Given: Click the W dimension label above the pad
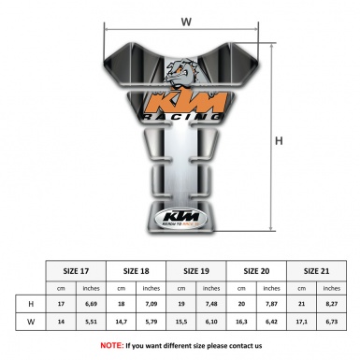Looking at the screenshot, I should click(x=186, y=20).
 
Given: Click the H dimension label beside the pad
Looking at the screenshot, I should click(x=279, y=141).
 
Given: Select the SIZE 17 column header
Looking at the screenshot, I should click(x=77, y=270).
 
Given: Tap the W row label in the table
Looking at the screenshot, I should click(x=31, y=323).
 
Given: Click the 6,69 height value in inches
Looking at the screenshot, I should click(x=92, y=305).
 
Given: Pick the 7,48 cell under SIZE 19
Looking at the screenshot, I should click(x=214, y=305).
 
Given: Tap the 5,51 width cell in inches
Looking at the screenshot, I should click(x=92, y=323).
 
